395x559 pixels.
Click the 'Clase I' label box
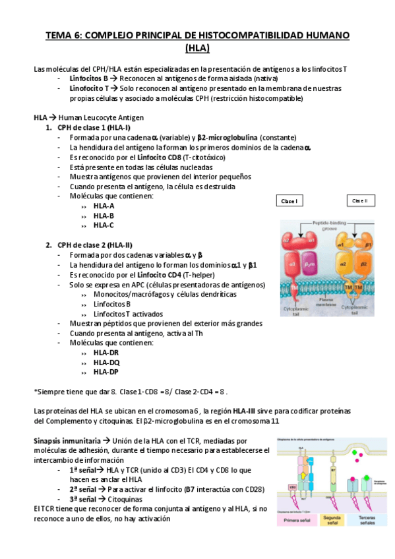pyautogui.click(x=288, y=201)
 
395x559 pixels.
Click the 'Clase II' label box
pyautogui.click(x=360, y=200)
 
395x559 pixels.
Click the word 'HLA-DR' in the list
pyautogui.click(x=106, y=353)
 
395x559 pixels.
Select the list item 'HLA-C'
pyautogui.click(x=104, y=225)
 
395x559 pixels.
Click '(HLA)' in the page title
pyautogui.click(x=197, y=47)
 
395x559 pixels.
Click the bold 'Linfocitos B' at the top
pyautogui.click(x=89, y=78)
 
